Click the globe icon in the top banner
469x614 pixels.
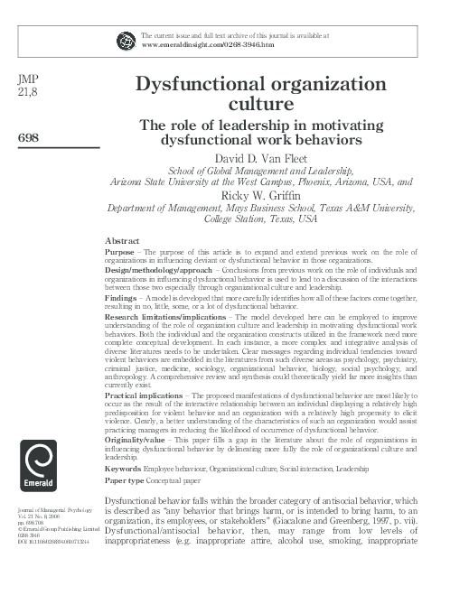pos(125,39)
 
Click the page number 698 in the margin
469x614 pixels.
pos(29,136)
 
